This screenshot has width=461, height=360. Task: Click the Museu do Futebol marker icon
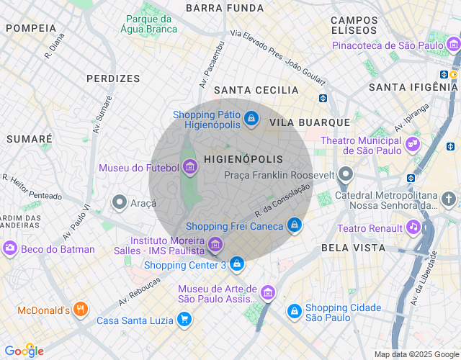pos(190,168)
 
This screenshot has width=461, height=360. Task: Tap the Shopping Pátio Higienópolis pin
pos(251,118)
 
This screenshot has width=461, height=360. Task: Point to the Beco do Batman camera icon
pos(10,249)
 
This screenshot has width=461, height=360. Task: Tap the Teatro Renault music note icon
pos(413,228)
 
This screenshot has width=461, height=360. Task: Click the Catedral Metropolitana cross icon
pos(449,199)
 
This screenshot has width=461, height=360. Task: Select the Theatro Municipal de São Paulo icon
pos(412,144)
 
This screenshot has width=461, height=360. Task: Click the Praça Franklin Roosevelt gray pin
pos(346,174)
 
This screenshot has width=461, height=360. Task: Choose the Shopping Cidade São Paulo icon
pos(294,311)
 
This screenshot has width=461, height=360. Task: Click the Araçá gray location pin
pos(120,203)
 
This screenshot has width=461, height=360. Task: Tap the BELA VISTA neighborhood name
pos(353,248)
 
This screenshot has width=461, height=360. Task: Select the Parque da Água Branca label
pos(151,24)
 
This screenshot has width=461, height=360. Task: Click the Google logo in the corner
pos(24,351)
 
